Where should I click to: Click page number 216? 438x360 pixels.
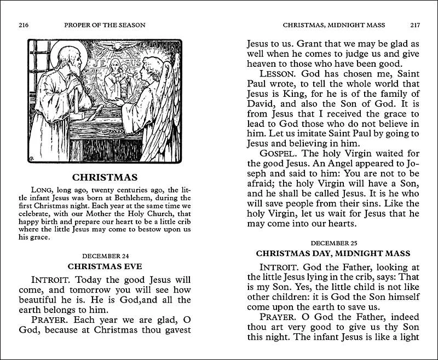(23, 25)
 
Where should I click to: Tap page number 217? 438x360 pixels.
(414, 25)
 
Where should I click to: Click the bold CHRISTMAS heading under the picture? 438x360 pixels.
(105, 178)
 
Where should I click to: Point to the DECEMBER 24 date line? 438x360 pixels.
(105, 256)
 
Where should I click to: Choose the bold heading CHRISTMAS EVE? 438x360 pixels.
(105, 266)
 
